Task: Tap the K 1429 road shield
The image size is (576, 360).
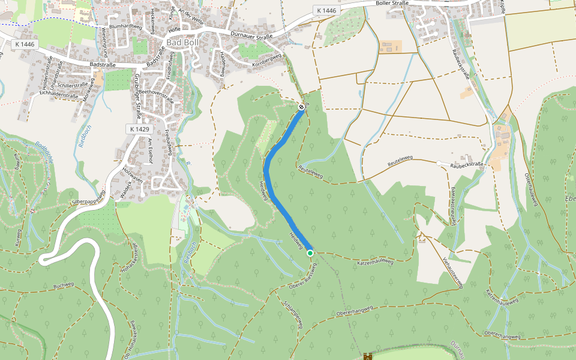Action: pyautogui.click(x=139, y=129)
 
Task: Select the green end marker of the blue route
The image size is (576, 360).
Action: pyautogui.click(x=310, y=253)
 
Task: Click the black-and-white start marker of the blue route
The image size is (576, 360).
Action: pyautogui.click(x=301, y=107)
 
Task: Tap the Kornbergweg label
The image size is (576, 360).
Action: pyautogui.click(x=266, y=60)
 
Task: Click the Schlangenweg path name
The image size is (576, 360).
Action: pyautogui.click(x=292, y=315)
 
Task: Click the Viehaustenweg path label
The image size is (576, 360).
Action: pyautogui.click(x=452, y=273)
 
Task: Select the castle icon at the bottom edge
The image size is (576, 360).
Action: pyautogui.click(x=367, y=356)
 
